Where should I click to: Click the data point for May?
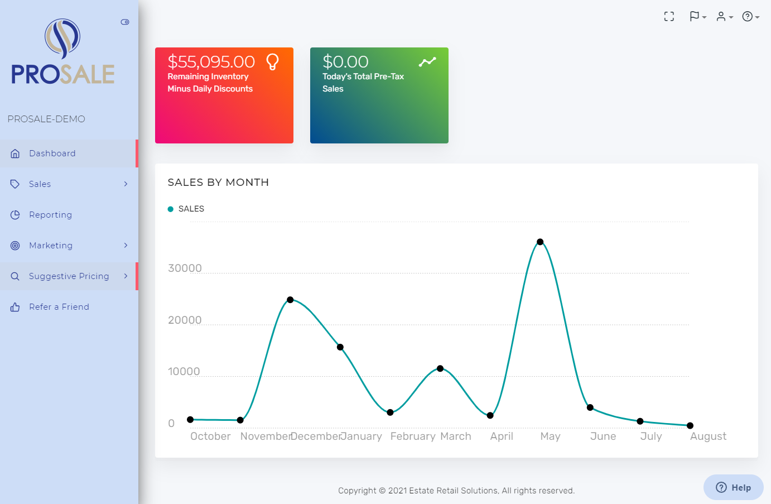click(540, 242)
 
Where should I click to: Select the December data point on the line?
click(290, 300)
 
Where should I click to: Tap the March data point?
click(440, 368)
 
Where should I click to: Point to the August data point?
click(690, 426)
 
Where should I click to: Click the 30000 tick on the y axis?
click(185, 268)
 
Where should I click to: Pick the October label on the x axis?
click(210, 436)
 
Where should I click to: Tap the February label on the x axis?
click(413, 436)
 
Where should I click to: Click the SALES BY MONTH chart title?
click(218, 183)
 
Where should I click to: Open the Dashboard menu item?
click(52, 153)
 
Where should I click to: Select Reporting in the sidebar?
click(50, 215)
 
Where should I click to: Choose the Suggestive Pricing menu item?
click(69, 276)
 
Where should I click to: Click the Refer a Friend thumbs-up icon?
click(15, 307)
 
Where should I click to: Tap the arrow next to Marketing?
click(126, 246)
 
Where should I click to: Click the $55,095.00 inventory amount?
click(211, 61)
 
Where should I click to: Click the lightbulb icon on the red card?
click(272, 61)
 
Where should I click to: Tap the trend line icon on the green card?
click(427, 61)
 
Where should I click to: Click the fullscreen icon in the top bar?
click(669, 17)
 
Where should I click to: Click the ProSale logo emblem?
click(62, 39)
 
